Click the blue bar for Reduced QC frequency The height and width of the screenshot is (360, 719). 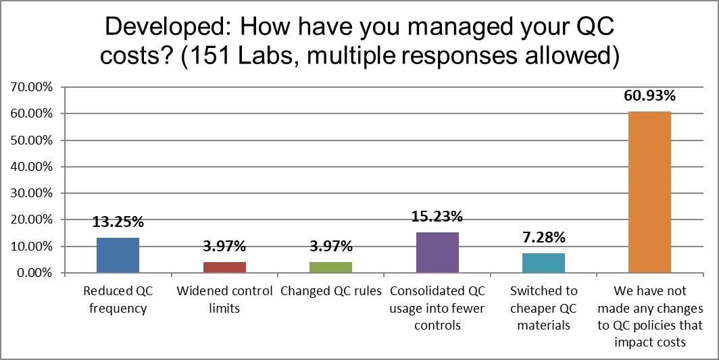click(118, 255)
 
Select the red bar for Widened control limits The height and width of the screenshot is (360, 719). click(224, 267)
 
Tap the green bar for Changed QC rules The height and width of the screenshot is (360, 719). click(330, 267)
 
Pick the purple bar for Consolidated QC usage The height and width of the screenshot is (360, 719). click(437, 253)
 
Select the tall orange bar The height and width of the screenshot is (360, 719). click(649, 192)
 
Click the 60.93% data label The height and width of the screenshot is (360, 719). click(649, 96)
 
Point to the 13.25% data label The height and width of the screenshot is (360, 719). click(118, 222)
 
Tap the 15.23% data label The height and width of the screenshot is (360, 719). click(437, 217)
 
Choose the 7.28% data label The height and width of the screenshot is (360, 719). click(543, 238)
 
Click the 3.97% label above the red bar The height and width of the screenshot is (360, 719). click(224, 247)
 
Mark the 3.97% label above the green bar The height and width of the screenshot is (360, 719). click(330, 247)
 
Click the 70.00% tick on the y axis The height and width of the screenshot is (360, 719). click(31, 87)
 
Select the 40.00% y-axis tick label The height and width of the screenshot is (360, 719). click(31, 167)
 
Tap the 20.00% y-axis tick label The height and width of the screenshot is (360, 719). click(31, 220)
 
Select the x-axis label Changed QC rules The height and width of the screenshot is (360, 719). click(330, 292)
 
